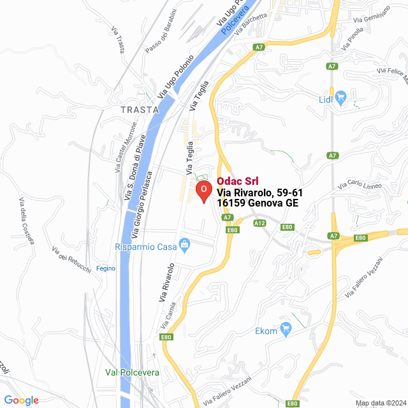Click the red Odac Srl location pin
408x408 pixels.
pyautogui.click(x=203, y=190)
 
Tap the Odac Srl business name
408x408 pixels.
pyautogui.click(x=237, y=181)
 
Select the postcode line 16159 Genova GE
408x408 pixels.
pyautogui.click(x=258, y=203)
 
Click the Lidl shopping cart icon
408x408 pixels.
pyautogui.click(x=340, y=98)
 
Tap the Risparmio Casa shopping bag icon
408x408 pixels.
pyautogui.click(x=185, y=243)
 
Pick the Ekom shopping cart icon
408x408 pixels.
pyautogui.click(x=286, y=330)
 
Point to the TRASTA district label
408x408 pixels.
pyautogui.click(x=139, y=110)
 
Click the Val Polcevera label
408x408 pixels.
pyautogui.click(x=132, y=372)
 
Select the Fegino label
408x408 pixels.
pyautogui.click(x=105, y=268)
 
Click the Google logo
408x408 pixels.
pyautogui.click(x=21, y=400)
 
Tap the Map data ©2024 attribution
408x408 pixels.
pyautogui.click(x=380, y=403)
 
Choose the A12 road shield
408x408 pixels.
pyautogui.click(x=259, y=223)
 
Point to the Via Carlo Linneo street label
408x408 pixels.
pyautogui.click(x=360, y=186)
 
